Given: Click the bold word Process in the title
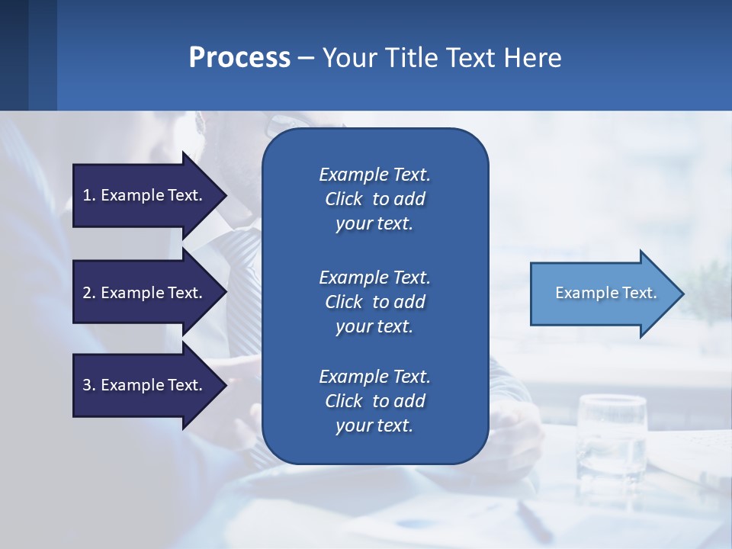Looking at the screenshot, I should [239, 58].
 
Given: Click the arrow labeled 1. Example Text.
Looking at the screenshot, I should [145, 195].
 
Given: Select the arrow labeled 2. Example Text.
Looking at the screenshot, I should [145, 293].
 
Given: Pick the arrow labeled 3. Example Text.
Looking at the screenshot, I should [145, 385].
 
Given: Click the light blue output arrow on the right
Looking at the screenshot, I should [602, 294].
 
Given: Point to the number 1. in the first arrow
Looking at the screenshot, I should [89, 195].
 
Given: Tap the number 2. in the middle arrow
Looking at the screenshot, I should [89, 293].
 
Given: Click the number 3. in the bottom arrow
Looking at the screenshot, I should [89, 385].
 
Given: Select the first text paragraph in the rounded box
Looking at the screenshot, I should [374, 199].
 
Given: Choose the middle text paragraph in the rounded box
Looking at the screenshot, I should [374, 302].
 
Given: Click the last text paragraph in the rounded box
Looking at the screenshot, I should [374, 401].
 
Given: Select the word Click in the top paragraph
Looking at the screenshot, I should [343, 199].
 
